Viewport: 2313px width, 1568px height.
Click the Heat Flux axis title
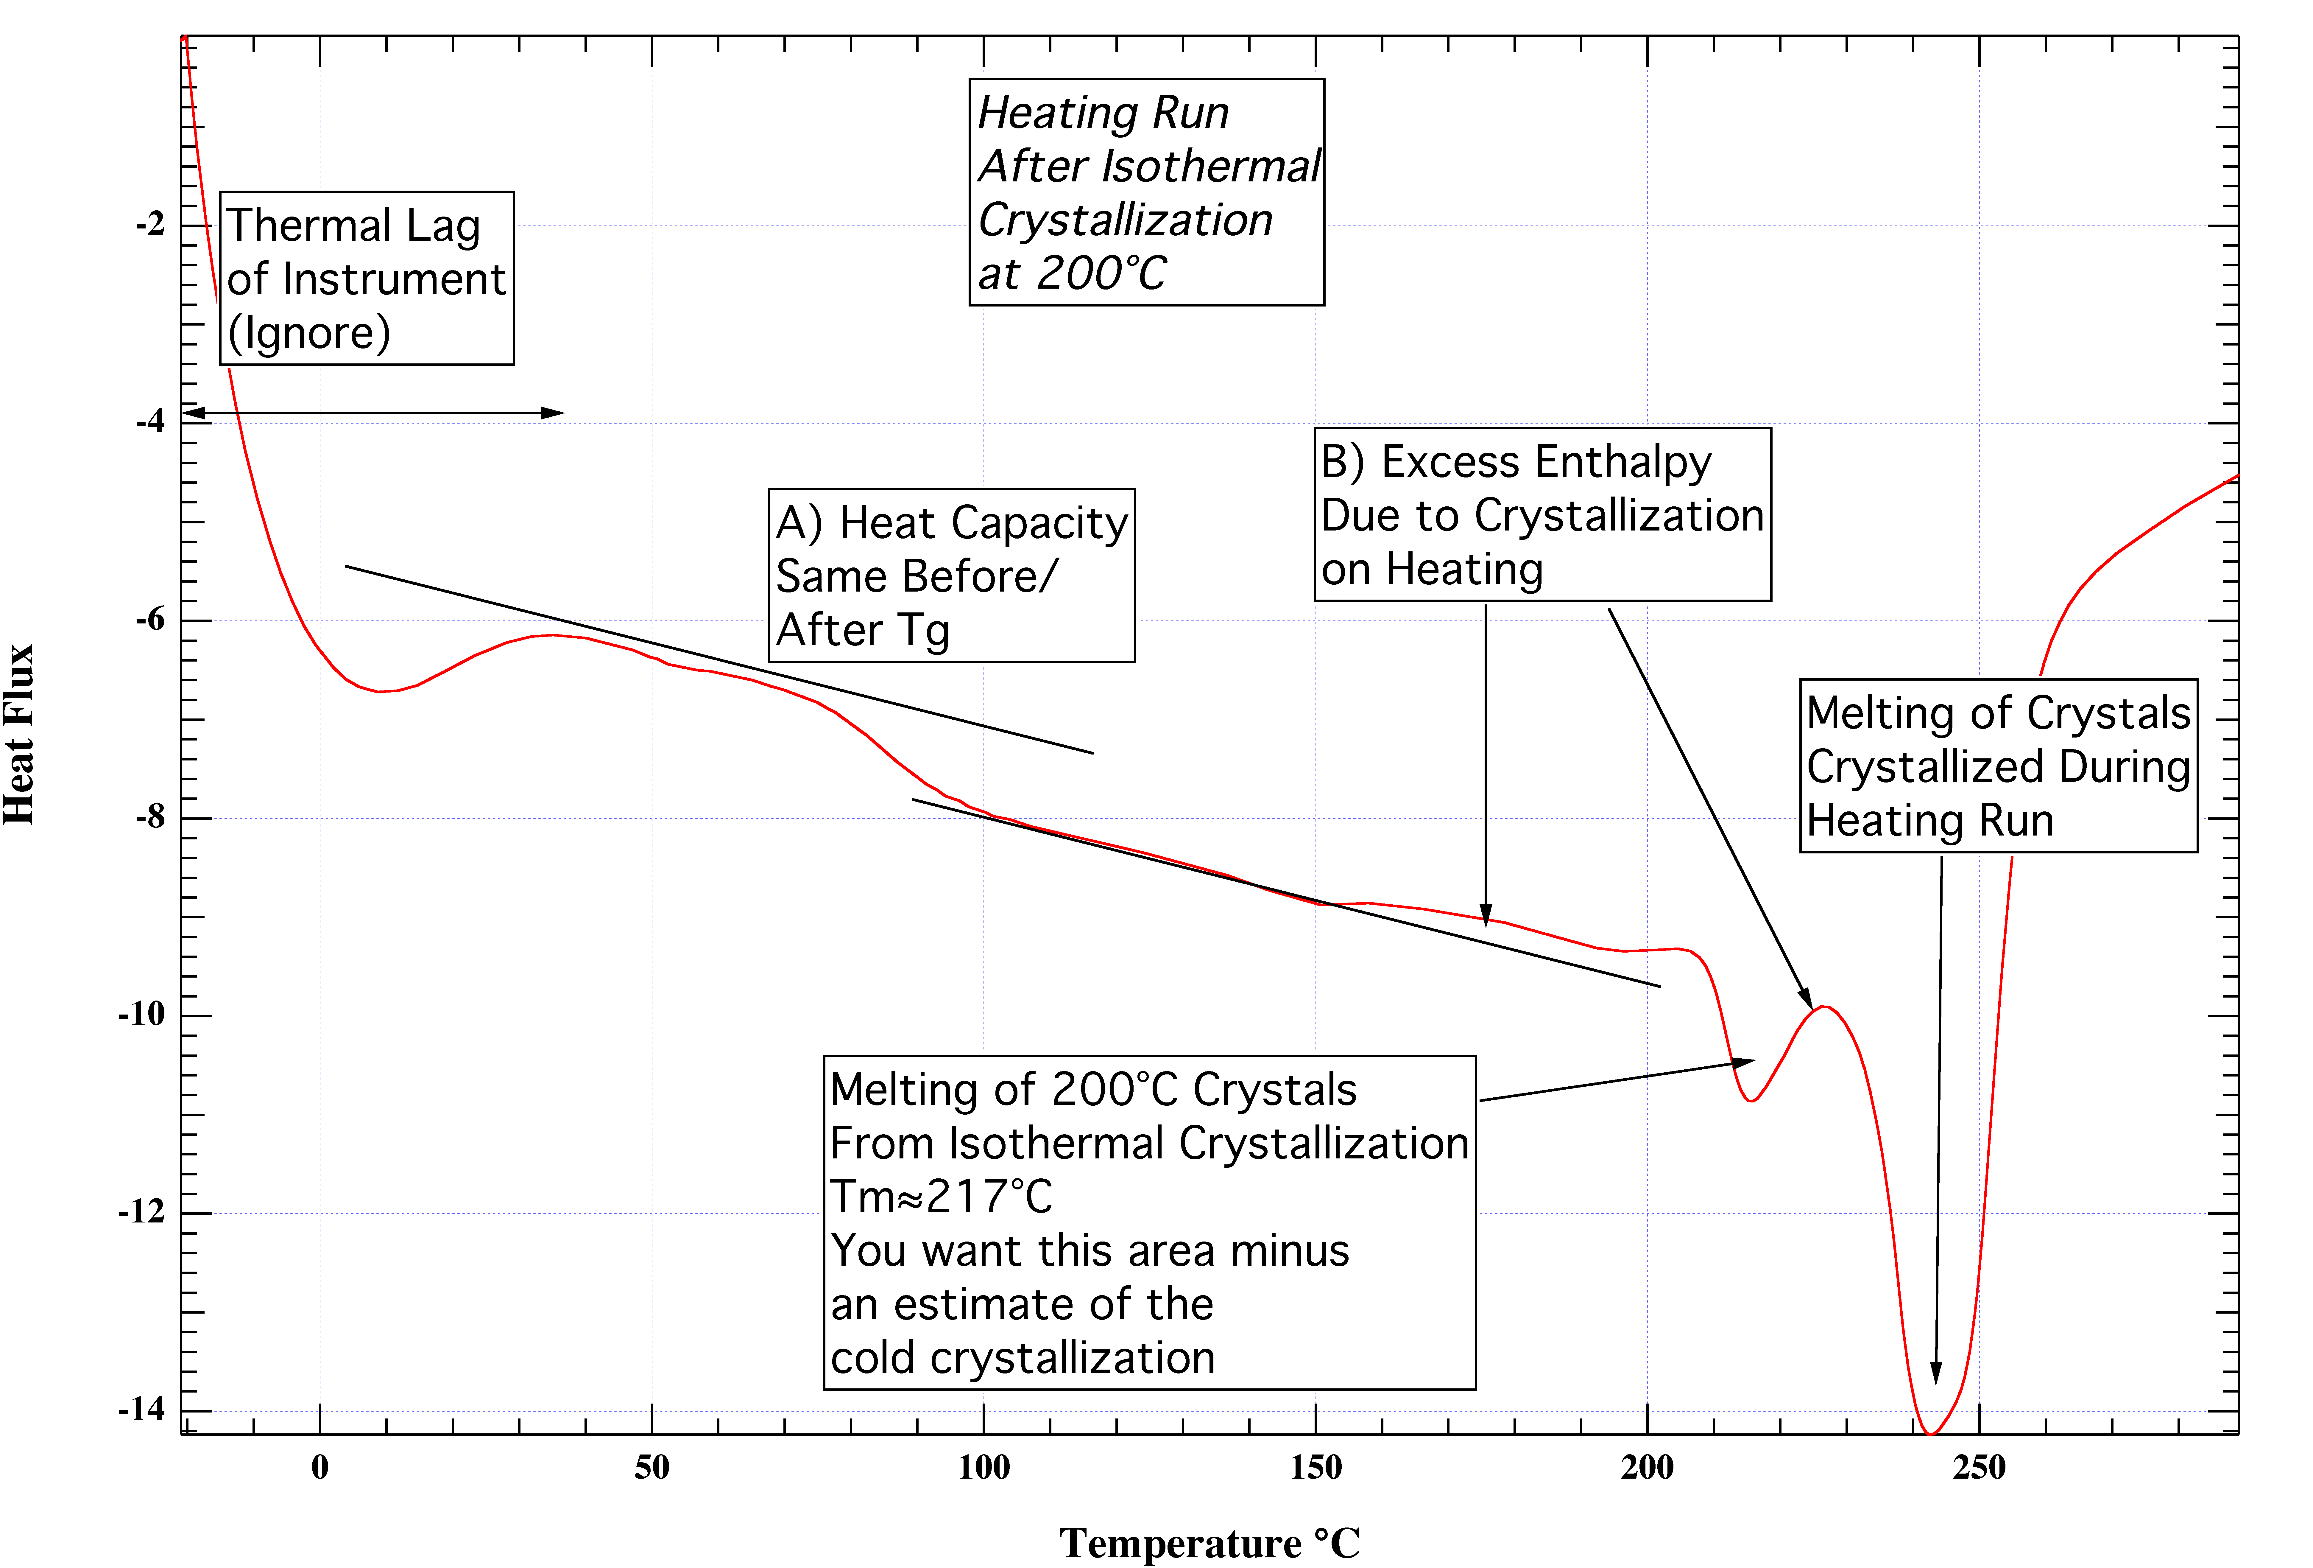[20, 735]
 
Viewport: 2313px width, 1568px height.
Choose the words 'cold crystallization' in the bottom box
[1022, 1358]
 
